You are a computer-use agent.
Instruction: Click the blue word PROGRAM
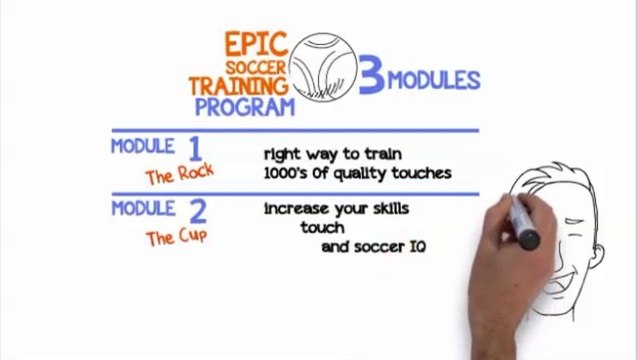pos(245,106)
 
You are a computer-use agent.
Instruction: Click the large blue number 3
pos(371,80)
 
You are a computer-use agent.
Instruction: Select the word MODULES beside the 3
pos(434,79)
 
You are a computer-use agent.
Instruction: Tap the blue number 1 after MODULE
pos(196,149)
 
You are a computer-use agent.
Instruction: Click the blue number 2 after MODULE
pos(197,212)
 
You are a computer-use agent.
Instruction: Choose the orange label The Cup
pos(176,238)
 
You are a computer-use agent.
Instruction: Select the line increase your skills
pos(336,210)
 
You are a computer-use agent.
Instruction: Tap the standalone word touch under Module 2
pos(322,228)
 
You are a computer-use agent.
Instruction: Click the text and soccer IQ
pos(373,246)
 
